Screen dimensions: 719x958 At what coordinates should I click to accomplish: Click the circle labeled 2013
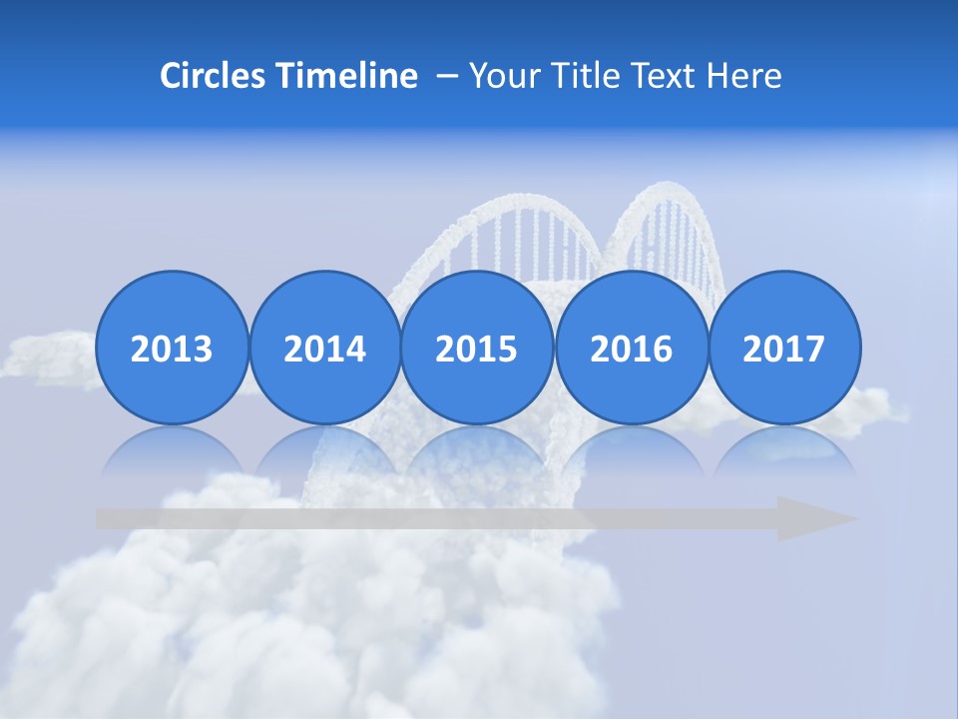point(172,348)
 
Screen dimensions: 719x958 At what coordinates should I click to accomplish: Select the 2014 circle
point(324,348)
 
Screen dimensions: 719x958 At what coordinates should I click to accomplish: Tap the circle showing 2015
point(477,348)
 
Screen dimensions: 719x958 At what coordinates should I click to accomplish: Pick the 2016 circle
point(631,348)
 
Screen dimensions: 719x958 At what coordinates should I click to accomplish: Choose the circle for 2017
point(783,348)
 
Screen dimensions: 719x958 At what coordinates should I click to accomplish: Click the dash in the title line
point(447,77)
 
